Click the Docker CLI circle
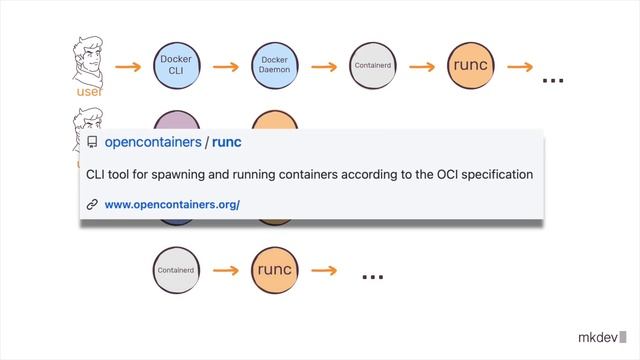tap(176, 66)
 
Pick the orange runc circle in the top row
tap(470, 66)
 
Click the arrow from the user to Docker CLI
tap(128, 67)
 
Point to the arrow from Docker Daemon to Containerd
tap(323, 67)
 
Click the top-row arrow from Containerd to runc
tap(421, 67)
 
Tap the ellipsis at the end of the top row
tap(552, 78)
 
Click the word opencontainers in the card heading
tap(152, 143)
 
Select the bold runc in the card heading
tap(227, 143)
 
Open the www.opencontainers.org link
tap(172, 204)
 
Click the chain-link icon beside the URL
tap(92, 204)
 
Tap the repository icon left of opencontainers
tap(92, 143)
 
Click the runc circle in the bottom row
tap(274, 270)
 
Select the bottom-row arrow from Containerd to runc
tap(226, 271)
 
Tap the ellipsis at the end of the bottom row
tap(372, 276)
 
